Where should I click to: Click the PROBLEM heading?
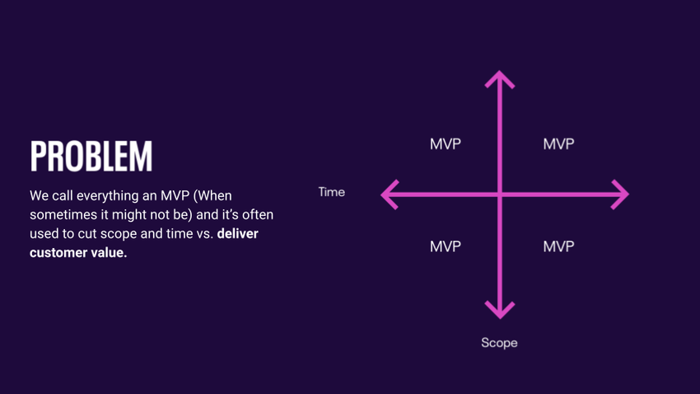click(x=91, y=157)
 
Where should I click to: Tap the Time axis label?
click(x=331, y=192)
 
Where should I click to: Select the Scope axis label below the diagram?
click(x=499, y=342)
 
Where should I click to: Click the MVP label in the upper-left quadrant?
click(x=446, y=144)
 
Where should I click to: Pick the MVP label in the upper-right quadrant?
click(x=558, y=144)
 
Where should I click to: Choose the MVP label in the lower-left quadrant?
click(x=446, y=246)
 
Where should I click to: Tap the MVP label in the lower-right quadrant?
click(x=558, y=246)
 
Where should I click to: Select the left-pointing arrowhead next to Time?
click(x=390, y=195)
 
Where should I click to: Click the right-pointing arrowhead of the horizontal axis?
click(x=620, y=195)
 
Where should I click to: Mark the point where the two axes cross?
click(x=499, y=195)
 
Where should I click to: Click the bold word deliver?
click(x=237, y=234)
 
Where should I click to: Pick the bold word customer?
click(x=59, y=253)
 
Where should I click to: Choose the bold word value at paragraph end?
click(x=110, y=253)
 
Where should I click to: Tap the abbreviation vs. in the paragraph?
click(x=203, y=234)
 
